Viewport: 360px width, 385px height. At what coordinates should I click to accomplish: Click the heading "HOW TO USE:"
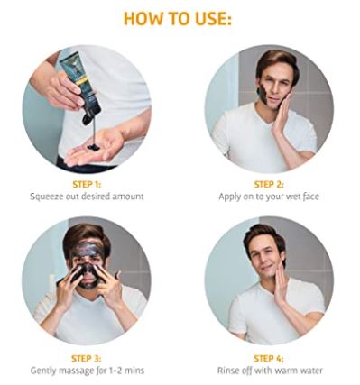[x=178, y=19]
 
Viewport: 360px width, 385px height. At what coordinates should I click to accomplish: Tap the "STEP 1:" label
[x=87, y=184]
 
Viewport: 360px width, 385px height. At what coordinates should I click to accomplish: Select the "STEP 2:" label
[x=269, y=184]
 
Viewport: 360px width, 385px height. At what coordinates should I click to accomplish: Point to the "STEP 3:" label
[x=87, y=359]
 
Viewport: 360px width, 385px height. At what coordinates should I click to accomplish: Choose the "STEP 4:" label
[x=269, y=359]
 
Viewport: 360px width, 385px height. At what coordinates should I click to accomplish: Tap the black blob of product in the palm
[x=93, y=147]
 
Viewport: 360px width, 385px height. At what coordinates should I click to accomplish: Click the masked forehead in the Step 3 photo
[x=87, y=250]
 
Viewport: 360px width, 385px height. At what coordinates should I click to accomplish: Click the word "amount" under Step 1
[x=128, y=197]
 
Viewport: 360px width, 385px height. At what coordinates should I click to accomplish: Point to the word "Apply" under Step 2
[x=230, y=197]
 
